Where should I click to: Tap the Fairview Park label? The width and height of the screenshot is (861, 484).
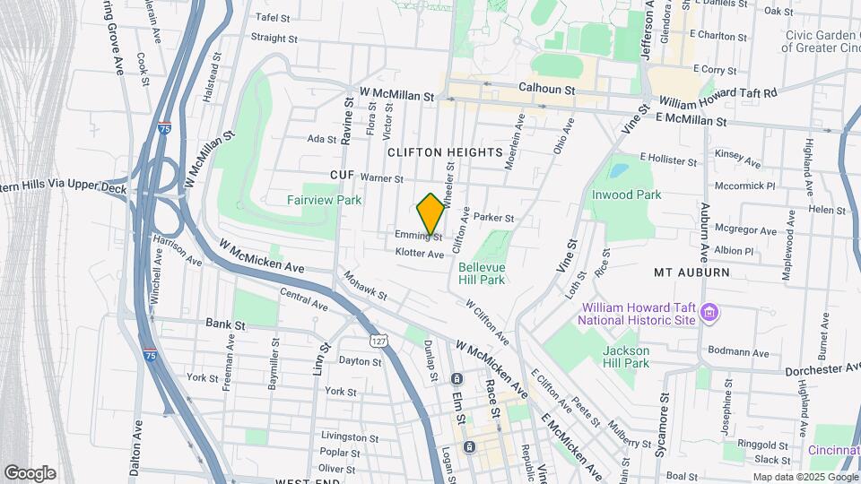(x=325, y=200)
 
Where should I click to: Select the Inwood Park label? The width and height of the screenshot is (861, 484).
(x=626, y=194)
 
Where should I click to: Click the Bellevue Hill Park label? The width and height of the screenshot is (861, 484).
(x=482, y=273)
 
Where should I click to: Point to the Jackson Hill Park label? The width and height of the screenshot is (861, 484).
(x=626, y=357)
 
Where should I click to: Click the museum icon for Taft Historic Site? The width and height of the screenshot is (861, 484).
(x=710, y=312)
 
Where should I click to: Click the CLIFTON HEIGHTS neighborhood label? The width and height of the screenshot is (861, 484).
(x=445, y=152)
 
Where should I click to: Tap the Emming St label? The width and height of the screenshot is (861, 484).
(x=419, y=236)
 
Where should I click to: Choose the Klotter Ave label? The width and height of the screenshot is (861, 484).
(x=420, y=255)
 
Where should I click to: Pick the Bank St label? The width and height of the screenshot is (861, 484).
(x=225, y=323)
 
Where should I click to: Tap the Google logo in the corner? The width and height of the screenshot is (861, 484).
(x=30, y=473)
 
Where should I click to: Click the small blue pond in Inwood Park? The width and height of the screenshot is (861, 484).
(x=619, y=169)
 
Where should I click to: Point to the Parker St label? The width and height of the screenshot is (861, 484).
(x=493, y=218)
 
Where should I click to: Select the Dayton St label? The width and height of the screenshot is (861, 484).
(x=360, y=362)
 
